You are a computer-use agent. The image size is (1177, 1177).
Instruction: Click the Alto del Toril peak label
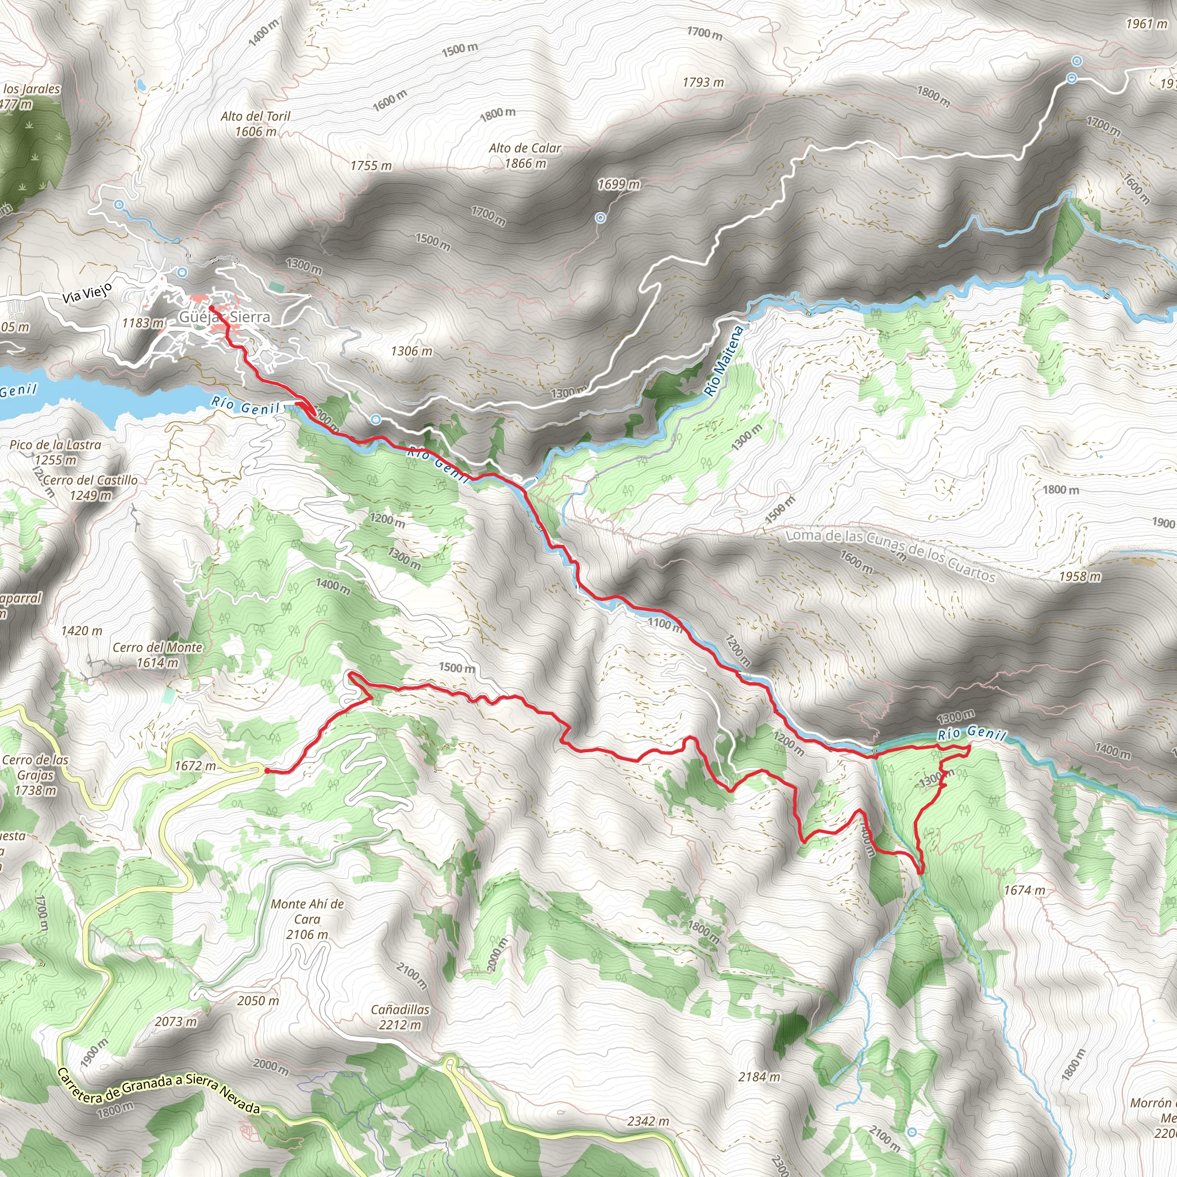tap(256, 124)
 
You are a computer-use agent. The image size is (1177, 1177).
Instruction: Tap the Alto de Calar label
tap(525, 155)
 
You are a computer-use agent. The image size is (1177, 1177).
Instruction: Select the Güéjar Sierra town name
tap(224, 317)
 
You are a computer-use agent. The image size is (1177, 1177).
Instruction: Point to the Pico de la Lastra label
tap(55, 452)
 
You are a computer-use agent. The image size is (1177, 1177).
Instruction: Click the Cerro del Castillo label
tap(91, 487)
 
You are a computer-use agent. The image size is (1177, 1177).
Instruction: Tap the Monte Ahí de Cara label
tap(307, 919)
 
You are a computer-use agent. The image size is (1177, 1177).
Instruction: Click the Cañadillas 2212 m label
tap(400, 1017)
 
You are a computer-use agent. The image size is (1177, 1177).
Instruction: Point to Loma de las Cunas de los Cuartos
tap(891, 555)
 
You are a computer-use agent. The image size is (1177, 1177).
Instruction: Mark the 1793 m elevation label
tap(703, 82)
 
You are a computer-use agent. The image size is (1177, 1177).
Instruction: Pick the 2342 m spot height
tap(648, 1121)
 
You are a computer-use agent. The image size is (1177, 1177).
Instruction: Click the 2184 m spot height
tap(759, 1076)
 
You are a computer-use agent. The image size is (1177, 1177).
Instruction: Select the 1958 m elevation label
tap(1079, 576)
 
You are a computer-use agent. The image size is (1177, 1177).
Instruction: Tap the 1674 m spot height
tap(1024, 890)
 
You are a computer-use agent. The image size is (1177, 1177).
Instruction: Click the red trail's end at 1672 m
tap(266, 771)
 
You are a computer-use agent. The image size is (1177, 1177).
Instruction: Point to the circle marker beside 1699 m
tap(601, 217)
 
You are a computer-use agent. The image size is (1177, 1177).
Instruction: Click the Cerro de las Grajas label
tap(35, 775)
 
